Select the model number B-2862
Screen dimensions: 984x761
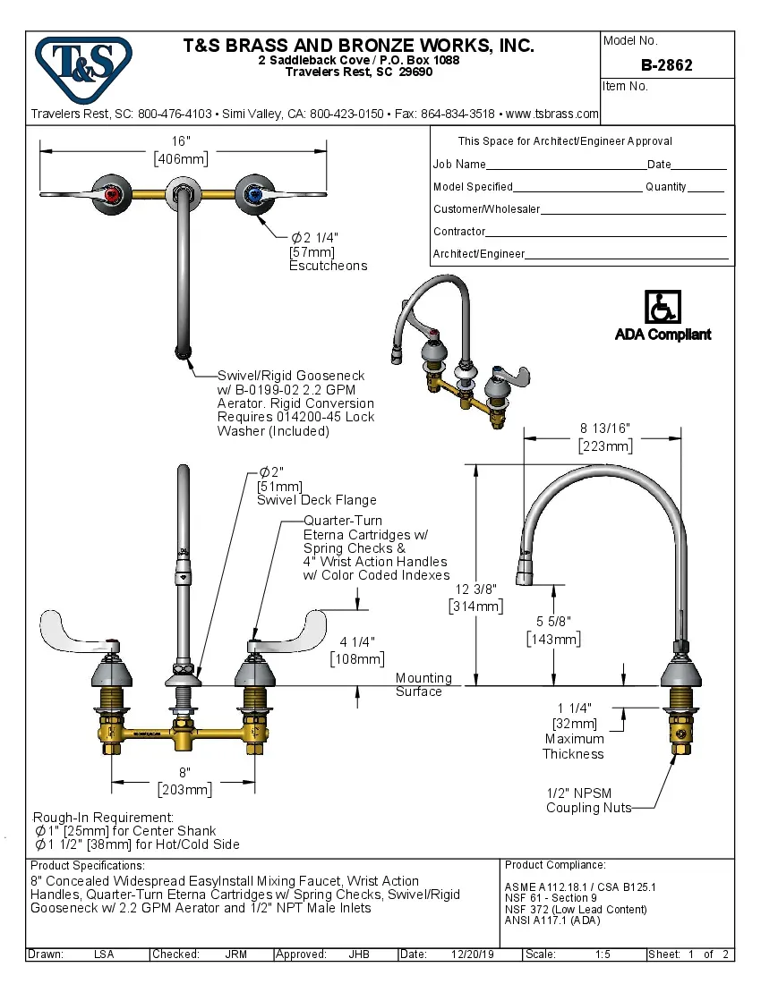(666, 65)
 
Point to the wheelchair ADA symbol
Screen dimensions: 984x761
(663, 308)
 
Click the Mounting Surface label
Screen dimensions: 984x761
(423, 684)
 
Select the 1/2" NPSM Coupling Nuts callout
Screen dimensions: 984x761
(588, 800)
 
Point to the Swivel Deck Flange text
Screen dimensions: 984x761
(317, 500)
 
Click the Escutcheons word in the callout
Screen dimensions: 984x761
(328, 266)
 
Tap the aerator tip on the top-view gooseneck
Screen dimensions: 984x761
(183, 351)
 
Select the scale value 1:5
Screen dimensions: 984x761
(603, 954)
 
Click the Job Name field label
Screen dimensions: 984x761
(459, 165)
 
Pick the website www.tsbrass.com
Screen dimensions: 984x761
(552, 114)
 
